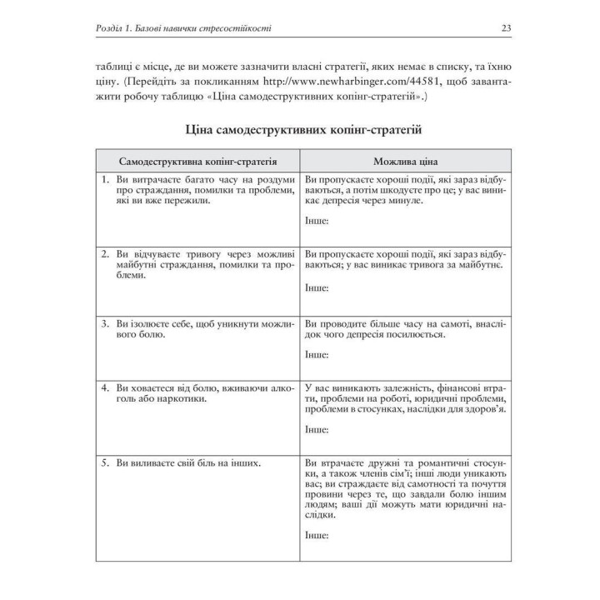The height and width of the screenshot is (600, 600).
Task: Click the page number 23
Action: (506, 28)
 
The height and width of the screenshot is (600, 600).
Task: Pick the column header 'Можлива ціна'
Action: (407, 161)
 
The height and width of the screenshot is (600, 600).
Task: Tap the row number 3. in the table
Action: (106, 322)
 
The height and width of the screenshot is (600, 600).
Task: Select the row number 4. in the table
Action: (106, 387)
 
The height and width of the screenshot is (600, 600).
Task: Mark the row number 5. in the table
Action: (106, 462)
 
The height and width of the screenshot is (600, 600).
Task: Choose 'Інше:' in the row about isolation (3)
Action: (317, 355)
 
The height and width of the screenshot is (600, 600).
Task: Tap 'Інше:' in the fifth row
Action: (317, 536)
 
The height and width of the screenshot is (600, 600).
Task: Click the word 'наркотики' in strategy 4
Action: (183, 398)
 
